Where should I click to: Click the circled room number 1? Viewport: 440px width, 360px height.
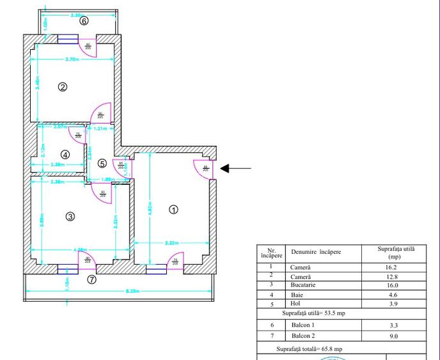pyautogui.click(x=173, y=209)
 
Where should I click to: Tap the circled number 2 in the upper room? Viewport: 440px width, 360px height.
pyautogui.click(x=63, y=87)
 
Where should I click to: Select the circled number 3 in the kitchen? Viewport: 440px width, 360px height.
pyautogui.click(x=70, y=217)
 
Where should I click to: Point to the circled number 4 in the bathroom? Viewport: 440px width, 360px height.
pyautogui.click(x=65, y=154)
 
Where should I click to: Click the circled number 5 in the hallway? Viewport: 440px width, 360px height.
pyautogui.click(x=102, y=163)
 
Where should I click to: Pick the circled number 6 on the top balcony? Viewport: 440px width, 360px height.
pyautogui.click(x=83, y=20)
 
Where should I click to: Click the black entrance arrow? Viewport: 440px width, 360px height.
pyautogui.click(x=235, y=169)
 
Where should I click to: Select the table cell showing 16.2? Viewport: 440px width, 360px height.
pyautogui.click(x=388, y=267)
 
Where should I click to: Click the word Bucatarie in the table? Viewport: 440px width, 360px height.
pyautogui.click(x=304, y=285)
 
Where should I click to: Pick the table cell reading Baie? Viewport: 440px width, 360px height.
pyautogui.click(x=296, y=295)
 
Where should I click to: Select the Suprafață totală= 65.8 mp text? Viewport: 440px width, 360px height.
pyautogui.click(x=310, y=350)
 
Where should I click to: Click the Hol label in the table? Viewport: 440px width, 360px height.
pyautogui.click(x=295, y=304)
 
